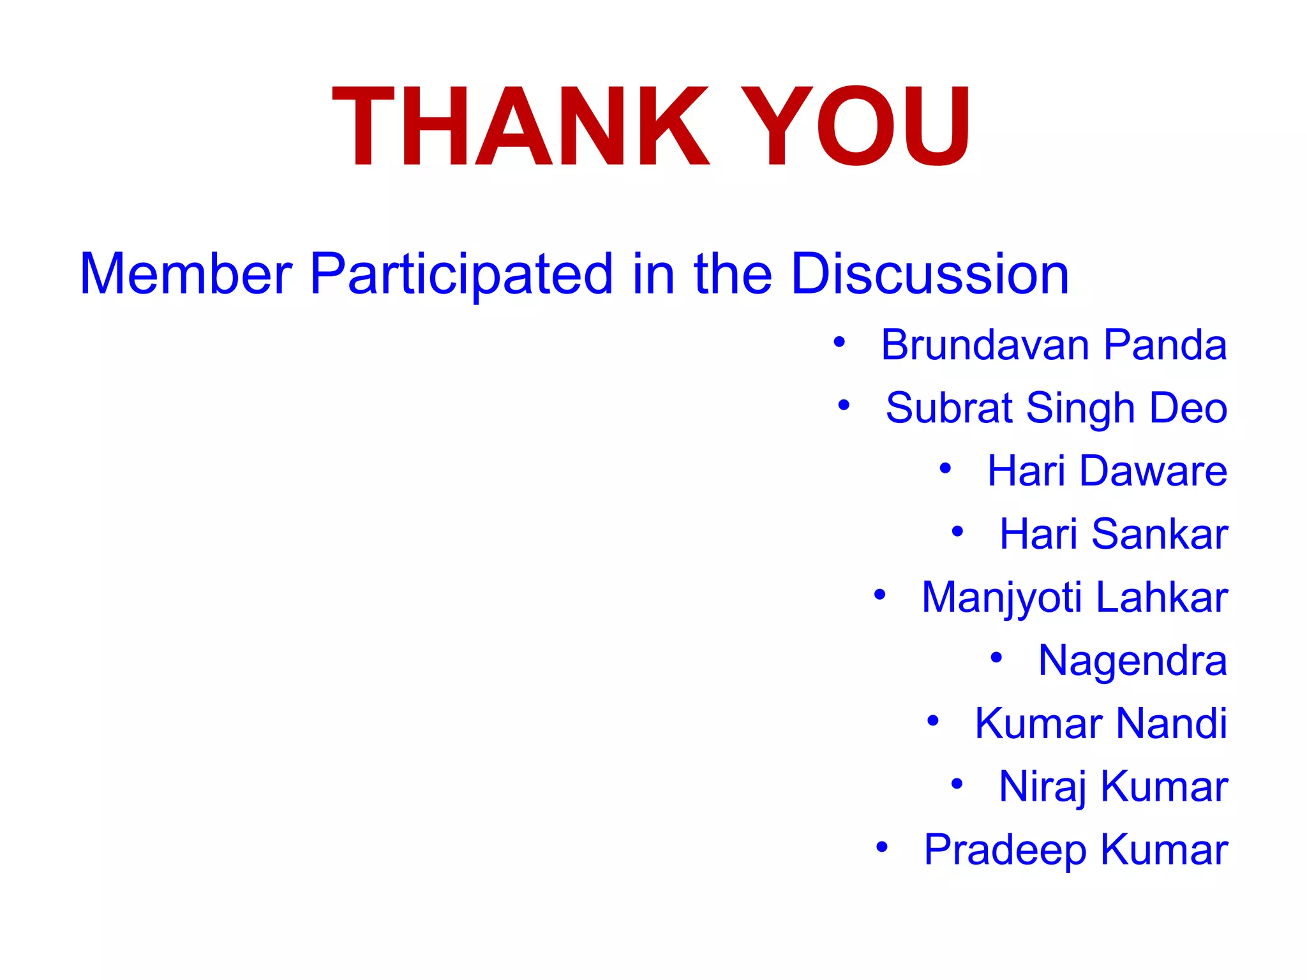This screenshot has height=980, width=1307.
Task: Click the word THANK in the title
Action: coord(520,126)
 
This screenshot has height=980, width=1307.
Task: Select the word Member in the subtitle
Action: coord(186,274)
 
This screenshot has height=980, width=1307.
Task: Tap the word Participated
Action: coord(461,274)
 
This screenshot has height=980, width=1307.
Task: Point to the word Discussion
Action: coord(930,274)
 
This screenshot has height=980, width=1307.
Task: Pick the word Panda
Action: coord(1165,345)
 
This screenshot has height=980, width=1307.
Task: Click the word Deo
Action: coord(1188,408)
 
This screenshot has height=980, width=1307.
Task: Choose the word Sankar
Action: coord(1160,534)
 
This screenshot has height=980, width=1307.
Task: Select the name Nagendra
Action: coord(1133,660)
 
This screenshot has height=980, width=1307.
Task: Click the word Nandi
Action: coord(1172,724)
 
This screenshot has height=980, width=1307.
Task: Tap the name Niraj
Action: coord(1043,787)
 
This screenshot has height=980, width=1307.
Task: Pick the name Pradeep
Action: coord(1005,850)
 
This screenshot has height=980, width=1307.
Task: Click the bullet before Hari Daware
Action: coord(945,469)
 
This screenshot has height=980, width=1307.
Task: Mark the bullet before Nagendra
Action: coord(996,658)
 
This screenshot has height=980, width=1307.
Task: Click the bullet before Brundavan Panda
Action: coord(839,343)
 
